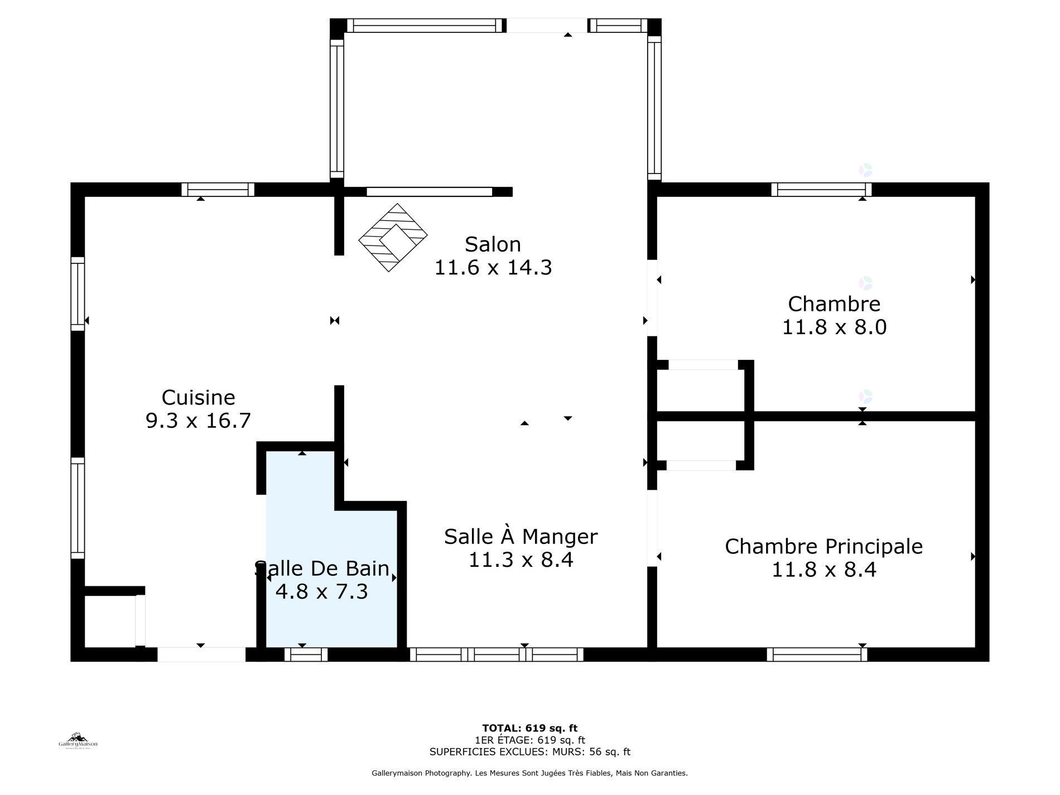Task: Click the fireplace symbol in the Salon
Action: click(393, 237)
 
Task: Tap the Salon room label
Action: click(493, 244)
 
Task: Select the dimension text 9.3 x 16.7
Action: click(198, 420)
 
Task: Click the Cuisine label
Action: click(198, 397)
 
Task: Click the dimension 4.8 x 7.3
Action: click(322, 591)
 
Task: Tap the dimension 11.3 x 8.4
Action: click(521, 559)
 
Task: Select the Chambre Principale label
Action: click(823, 547)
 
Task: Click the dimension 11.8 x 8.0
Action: click(834, 327)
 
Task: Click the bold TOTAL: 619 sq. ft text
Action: click(529, 728)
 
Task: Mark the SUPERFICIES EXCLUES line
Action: click(529, 752)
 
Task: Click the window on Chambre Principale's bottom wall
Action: click(817, 654)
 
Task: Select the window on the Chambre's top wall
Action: click(821, 190)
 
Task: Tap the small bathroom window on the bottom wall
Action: click(306, 654)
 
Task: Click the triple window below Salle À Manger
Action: click(497, 654)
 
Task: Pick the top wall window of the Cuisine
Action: click(218, 190)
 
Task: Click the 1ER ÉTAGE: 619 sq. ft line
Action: click(529, 740)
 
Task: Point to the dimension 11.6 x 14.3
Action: click(493, 268)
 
